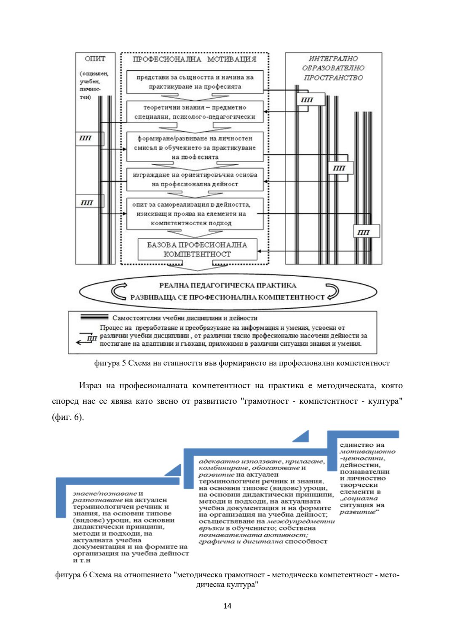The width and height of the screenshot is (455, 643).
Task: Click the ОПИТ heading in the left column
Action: coord(95,59)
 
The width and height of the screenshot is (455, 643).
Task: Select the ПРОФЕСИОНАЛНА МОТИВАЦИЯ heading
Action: coord(194,59)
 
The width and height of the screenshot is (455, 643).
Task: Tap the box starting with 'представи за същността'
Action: coord(195,82)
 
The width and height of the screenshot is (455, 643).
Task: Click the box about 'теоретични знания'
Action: coord(195,112)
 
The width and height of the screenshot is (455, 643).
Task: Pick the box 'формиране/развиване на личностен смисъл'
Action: coord(195,147)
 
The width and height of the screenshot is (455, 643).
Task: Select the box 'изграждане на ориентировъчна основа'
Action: coord(195,179)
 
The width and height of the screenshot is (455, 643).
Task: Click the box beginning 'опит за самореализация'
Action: coord(195,213)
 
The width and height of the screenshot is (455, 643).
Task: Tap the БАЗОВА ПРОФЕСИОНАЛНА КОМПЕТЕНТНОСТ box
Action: coord(197,249)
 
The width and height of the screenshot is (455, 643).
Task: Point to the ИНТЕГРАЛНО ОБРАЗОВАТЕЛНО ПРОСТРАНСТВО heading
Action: coord(333,68)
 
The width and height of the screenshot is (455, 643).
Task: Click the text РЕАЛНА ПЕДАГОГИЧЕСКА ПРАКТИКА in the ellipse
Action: coord(227,285)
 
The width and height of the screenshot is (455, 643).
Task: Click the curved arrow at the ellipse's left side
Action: coord(119,291)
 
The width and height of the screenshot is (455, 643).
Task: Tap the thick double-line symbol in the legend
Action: coord(94,317)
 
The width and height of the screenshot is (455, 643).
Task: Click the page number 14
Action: coord(227,606)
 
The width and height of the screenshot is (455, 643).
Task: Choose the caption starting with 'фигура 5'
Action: coord(242,363)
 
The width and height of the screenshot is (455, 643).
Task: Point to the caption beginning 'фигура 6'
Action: coord(227,579)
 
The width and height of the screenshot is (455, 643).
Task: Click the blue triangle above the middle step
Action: coord(302,437)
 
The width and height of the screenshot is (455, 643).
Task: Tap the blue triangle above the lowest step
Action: coord(174,471)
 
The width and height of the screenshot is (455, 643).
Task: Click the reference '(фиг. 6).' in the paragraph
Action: coord(68,417)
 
